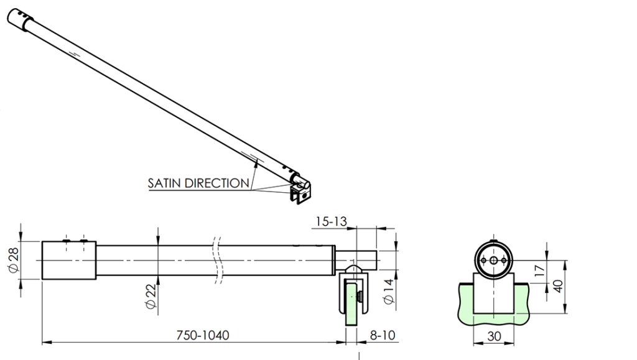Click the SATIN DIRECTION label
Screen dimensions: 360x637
198,183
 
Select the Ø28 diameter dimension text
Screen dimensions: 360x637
14,261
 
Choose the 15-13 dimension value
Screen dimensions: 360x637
330,221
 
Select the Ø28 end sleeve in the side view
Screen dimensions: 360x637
68,261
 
